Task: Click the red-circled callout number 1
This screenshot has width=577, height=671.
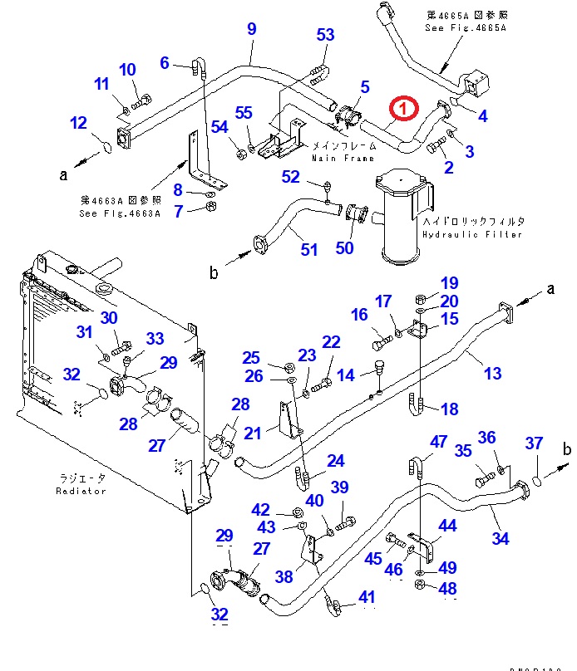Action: [402, 108]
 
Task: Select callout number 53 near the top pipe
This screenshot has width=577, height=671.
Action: [325, 34]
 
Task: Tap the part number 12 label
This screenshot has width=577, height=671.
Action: [78, 124]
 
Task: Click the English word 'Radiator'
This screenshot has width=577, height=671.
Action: [81, 491]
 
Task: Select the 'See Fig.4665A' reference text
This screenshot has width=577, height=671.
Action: [465, 27]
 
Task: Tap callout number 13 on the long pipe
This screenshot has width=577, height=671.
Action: [493, 373]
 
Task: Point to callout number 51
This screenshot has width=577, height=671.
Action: [308, 250]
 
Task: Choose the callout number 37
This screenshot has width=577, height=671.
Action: [533, 444]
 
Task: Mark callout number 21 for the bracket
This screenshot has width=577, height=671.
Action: [252, 433]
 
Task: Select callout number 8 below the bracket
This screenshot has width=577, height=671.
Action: [177, 189]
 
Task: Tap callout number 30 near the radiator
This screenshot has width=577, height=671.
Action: [110, 318]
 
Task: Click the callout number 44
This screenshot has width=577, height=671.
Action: [448, 526]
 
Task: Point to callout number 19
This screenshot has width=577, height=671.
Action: [450, 284]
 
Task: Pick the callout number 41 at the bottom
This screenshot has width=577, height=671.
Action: [367, 597]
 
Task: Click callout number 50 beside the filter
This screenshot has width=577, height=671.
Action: [344, 247]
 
